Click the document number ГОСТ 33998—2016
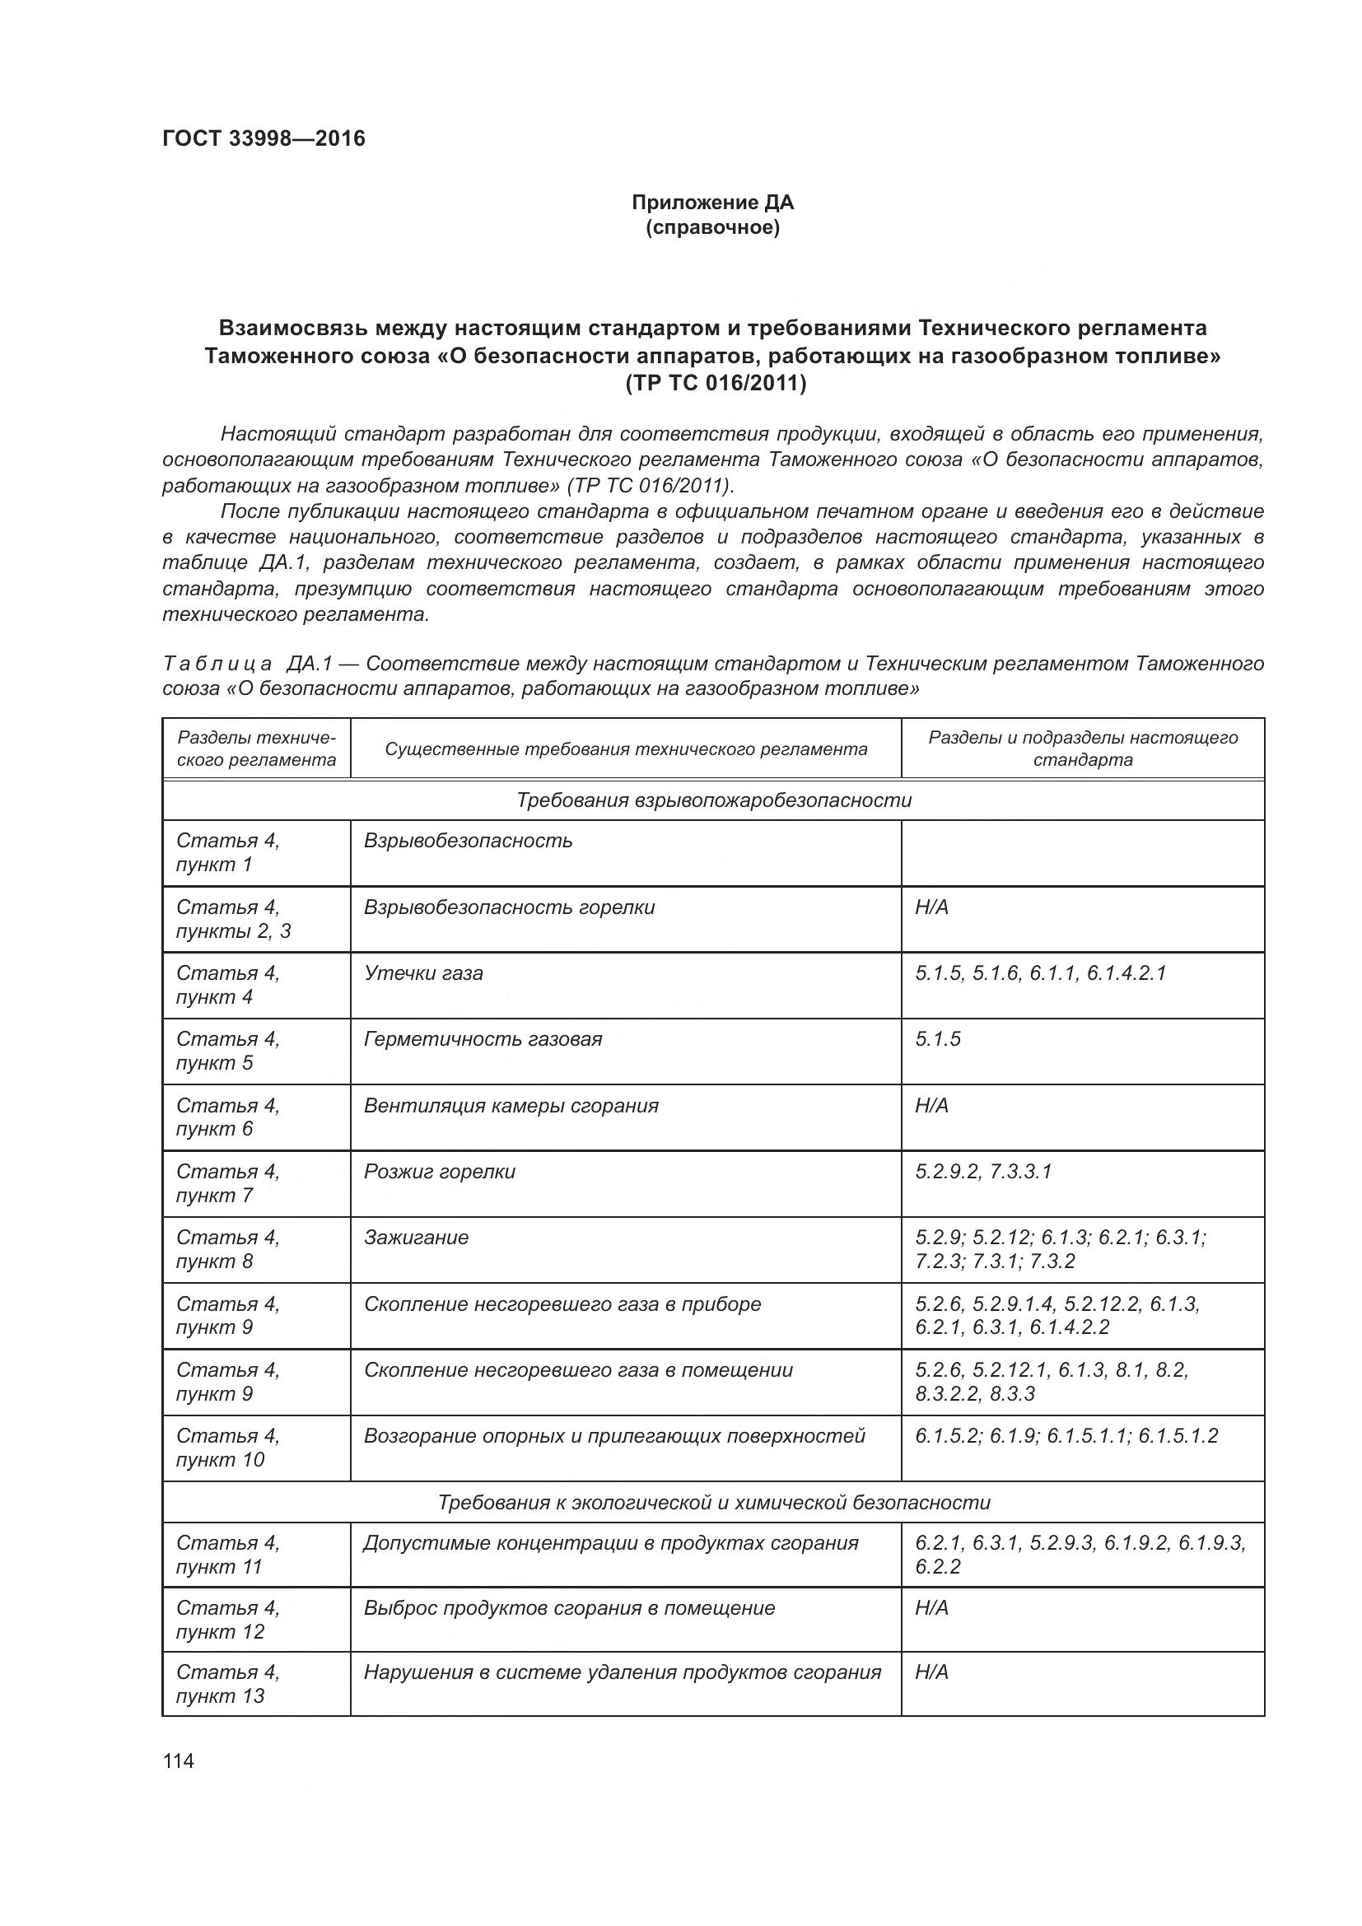pos(264,138)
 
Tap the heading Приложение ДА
pos(712,203)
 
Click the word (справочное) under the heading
pos(712,228)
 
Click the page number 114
pos(179,1760)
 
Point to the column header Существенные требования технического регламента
pos(626,749)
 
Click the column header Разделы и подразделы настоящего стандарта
pos(1082,748)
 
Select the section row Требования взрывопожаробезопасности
pos(713,800)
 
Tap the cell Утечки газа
pos(423,973)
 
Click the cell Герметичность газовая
pos(483,1039)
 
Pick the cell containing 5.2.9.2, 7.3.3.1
pos(983,1171)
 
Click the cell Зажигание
pos(416,1238)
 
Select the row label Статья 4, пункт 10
pos(228,1448)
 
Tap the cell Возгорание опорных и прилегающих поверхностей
pos(614,1436)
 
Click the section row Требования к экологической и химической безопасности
pos(713,1503)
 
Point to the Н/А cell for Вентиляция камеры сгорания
pos(932,1106)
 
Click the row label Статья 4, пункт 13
pos(228,1684)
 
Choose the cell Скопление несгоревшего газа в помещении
pos(578,1370)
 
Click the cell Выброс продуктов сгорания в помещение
pos(569,1608)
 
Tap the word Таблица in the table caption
pos(217,664)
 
